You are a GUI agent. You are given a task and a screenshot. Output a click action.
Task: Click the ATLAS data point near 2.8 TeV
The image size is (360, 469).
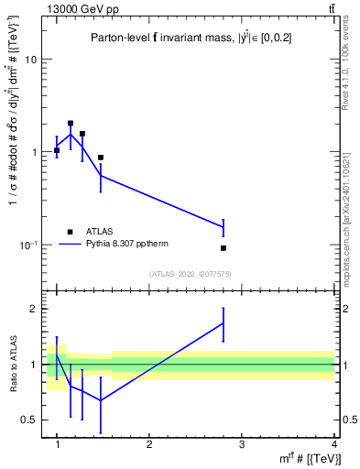click(x=224, y=248)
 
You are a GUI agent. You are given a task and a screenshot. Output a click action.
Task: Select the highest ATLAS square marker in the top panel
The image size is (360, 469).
click(x=71, y=123)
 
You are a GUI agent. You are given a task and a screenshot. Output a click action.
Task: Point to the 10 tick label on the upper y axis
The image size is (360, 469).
click(x=30, y=60)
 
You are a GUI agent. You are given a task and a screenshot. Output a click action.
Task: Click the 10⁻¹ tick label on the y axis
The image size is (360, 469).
click(x=27, y=245)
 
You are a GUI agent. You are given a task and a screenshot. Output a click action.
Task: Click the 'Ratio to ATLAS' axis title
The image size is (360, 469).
click(x=13, y=365)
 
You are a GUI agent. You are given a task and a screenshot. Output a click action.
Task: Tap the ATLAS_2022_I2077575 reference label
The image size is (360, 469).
click(x=190, y=274)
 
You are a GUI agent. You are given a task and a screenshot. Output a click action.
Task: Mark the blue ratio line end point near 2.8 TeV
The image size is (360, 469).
click(x=224, y=322)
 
